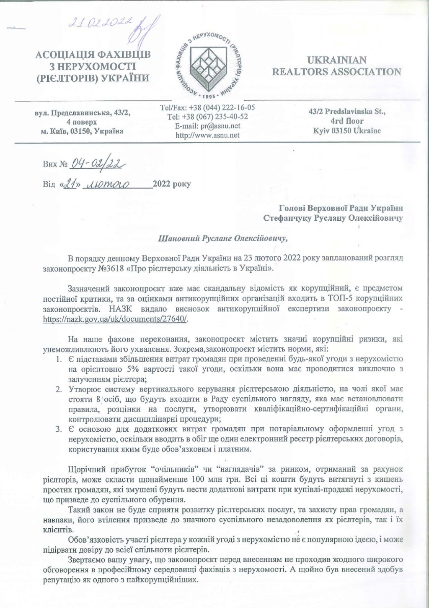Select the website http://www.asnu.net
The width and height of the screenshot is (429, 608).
pos(208,135)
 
